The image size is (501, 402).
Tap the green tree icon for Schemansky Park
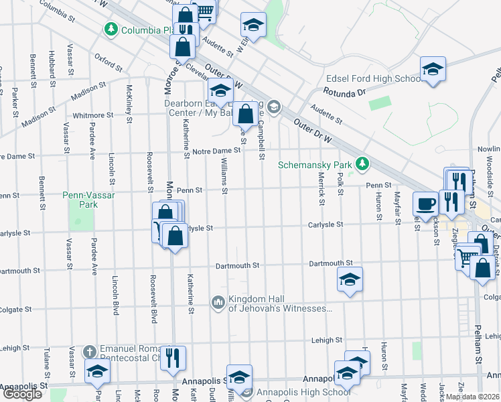click(x=362, y=163)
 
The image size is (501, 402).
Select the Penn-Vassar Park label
click(x=85, y=200)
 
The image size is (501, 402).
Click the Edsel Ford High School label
click(x=373, y=78)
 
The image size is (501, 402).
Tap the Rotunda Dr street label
click(x=345, y=92)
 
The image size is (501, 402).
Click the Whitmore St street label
click(x=92, y=116)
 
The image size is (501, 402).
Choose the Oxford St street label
click(x=108, y=64)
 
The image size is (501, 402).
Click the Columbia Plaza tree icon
click(x=109, y=29)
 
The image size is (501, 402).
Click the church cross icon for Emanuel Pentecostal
click(x=90, y=350)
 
